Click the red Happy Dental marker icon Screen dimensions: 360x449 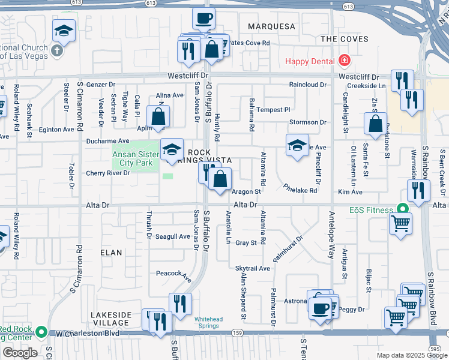click(344, 61)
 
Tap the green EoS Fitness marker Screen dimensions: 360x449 click(402, 210)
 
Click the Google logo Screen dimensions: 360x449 click(20, 352)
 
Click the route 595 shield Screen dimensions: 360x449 click(435, 349)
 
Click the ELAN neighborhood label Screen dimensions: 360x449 click(111, 253)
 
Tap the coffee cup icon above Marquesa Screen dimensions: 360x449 click(204, 18)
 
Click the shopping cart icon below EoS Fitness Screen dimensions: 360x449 click(400, 224)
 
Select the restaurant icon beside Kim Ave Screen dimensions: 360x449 click(418, 190)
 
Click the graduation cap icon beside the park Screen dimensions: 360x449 click(172, 149)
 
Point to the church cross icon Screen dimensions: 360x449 click(57, 49)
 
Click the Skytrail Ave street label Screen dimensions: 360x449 click(253, 268)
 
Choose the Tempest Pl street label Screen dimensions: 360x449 click(273, 110)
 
